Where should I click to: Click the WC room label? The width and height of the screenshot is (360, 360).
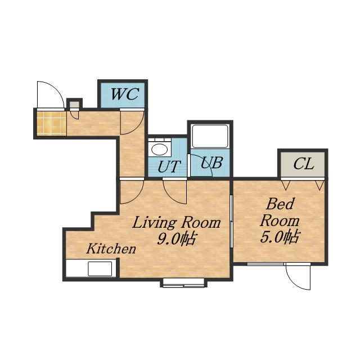pos(125,94)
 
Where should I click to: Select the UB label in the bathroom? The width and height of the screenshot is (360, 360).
pos(211,163)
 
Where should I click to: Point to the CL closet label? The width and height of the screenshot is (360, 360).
pos(304,164)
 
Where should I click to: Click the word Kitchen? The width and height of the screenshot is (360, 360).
pos(111,249)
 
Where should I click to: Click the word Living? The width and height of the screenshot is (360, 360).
pos(155,223)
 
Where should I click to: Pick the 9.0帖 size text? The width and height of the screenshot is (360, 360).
pos(176,239)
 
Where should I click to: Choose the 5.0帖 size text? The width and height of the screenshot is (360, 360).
pos(280,237)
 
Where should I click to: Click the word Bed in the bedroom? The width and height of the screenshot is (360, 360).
pos(280,204)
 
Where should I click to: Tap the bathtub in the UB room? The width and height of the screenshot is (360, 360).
pos(210,136)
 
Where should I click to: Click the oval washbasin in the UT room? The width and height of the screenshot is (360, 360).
pos(160,150)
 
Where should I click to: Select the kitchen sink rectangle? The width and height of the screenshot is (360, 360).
pos(100,269)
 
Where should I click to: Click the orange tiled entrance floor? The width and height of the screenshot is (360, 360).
pos(51,123)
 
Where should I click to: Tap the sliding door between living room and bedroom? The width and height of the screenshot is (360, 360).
pos(232,221)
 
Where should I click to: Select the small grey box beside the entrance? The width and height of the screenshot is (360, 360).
pos(74,105)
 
